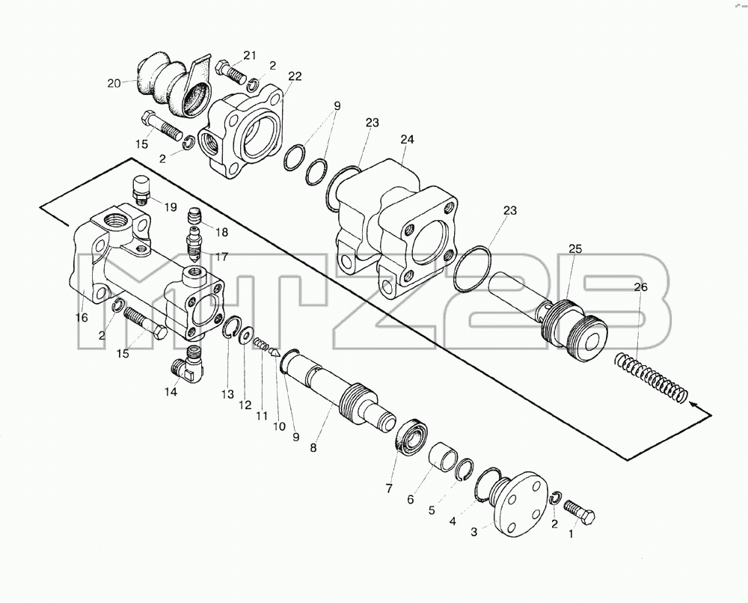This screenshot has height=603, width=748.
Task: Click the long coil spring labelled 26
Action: point(652,378)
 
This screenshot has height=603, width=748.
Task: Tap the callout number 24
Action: point(408,139)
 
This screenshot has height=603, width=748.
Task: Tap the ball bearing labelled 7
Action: point(413,436)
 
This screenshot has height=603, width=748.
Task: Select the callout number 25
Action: point(574,248)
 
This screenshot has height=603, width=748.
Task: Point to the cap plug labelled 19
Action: point(141,190)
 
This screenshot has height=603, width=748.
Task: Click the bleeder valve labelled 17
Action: point(194,244)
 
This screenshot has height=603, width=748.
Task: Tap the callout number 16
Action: point(82,317)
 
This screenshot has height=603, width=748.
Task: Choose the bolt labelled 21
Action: point(231,71)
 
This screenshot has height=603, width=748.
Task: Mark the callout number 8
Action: point(313,448)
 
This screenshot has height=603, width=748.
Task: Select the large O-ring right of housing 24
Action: point(473,268)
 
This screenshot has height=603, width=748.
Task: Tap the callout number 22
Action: point(295,76)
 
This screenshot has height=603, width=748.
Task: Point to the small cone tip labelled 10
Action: point(275,352)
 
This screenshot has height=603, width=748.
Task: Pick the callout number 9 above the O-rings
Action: point(338,106)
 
